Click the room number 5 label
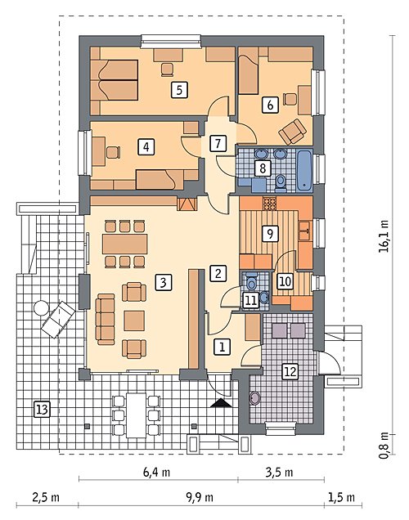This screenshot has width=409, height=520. (x=179, y=90)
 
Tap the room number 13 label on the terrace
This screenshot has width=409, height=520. (x=43, y=409)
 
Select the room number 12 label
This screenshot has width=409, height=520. (x=290, y=371)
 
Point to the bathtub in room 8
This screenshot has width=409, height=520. (x=304, y=171)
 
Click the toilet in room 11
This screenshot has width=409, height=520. (x=252, y=282)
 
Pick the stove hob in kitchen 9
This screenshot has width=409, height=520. (x=269, y=203)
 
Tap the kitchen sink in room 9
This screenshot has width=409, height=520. (x=304, y=231)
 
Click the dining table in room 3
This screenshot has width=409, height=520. (x=124, y=244)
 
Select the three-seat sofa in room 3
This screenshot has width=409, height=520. (x=106, y=319)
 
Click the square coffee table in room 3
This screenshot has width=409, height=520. (x=134, y=321)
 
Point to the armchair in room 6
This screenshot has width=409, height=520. (x=293, y=132)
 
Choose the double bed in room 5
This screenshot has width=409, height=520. (x=114, y=80)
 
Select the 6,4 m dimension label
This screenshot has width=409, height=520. (x=156, y=472)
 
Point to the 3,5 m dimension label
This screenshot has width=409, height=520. (x=279, y=472)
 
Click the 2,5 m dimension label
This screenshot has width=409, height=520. (x=46, y=497)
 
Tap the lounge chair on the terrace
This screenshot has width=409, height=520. (x=58, y=320)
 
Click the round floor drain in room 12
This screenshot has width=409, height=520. (x=255, y=398)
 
